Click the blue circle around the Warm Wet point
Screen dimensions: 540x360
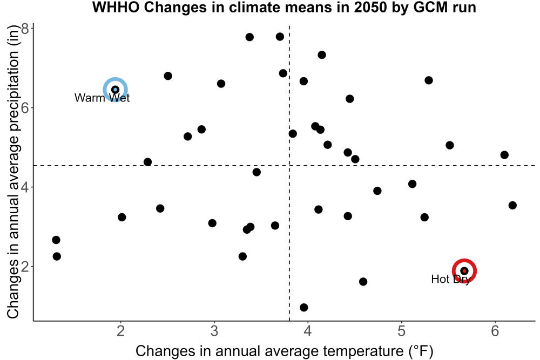[116, 78]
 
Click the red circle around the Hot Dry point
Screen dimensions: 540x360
[464, 260]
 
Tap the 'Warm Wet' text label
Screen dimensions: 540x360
[102, 98]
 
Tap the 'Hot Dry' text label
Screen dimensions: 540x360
[451, 279]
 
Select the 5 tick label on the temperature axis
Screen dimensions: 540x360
[402, 331]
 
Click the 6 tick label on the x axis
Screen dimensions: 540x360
[495, 331]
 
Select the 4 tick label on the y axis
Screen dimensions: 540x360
[25, 187]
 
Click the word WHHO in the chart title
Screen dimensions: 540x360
[116, 7]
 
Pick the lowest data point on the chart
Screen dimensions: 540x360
[303, 307]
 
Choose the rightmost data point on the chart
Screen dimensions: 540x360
[512, 206]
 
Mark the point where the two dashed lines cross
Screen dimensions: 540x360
[289, 166]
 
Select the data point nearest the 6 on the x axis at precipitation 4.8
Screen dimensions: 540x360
[504, 155]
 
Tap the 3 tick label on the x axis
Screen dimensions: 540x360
[214, 331]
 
